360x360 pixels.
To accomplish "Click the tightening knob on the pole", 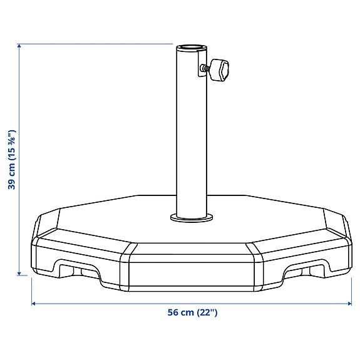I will coord(220,69).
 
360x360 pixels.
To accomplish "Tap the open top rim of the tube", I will coord(191,48).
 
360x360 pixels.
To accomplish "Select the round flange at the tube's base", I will coord(191,217).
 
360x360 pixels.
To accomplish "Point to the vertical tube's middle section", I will coord(191,131).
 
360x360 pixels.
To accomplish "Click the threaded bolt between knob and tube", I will coord(207,68).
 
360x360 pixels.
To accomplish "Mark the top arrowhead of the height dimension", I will coord(19,48).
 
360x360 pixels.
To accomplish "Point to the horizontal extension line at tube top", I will coord(94,44).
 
